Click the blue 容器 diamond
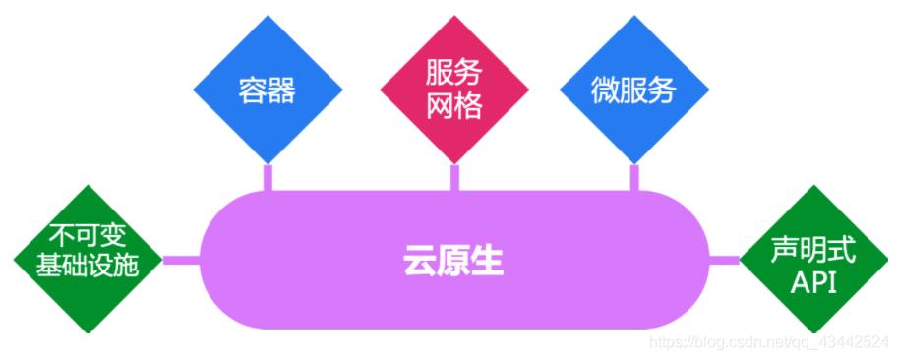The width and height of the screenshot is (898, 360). click(x=268, y=90)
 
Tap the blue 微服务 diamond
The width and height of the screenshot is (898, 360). click(x=633, y=90)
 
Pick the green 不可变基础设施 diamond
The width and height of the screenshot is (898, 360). click(x=89, y=259)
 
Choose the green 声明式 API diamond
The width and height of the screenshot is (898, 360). click(x=812, y=259)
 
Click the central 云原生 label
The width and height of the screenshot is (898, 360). click(x=453, y=261)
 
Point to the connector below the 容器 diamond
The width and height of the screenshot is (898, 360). click(x=268, y=177)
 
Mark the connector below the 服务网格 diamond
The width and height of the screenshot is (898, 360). click(x=454, y=177)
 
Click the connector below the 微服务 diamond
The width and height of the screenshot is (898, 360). click(x=634, y=177)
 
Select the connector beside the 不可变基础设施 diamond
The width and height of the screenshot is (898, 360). click(x=181, y=261)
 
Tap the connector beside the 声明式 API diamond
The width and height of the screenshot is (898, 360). click(x=725, y=260)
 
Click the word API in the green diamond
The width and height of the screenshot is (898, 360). click(x=812, y=283)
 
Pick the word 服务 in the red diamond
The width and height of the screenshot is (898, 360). click(x=454, y=75)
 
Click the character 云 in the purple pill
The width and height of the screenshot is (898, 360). click(x=420, y=261)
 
